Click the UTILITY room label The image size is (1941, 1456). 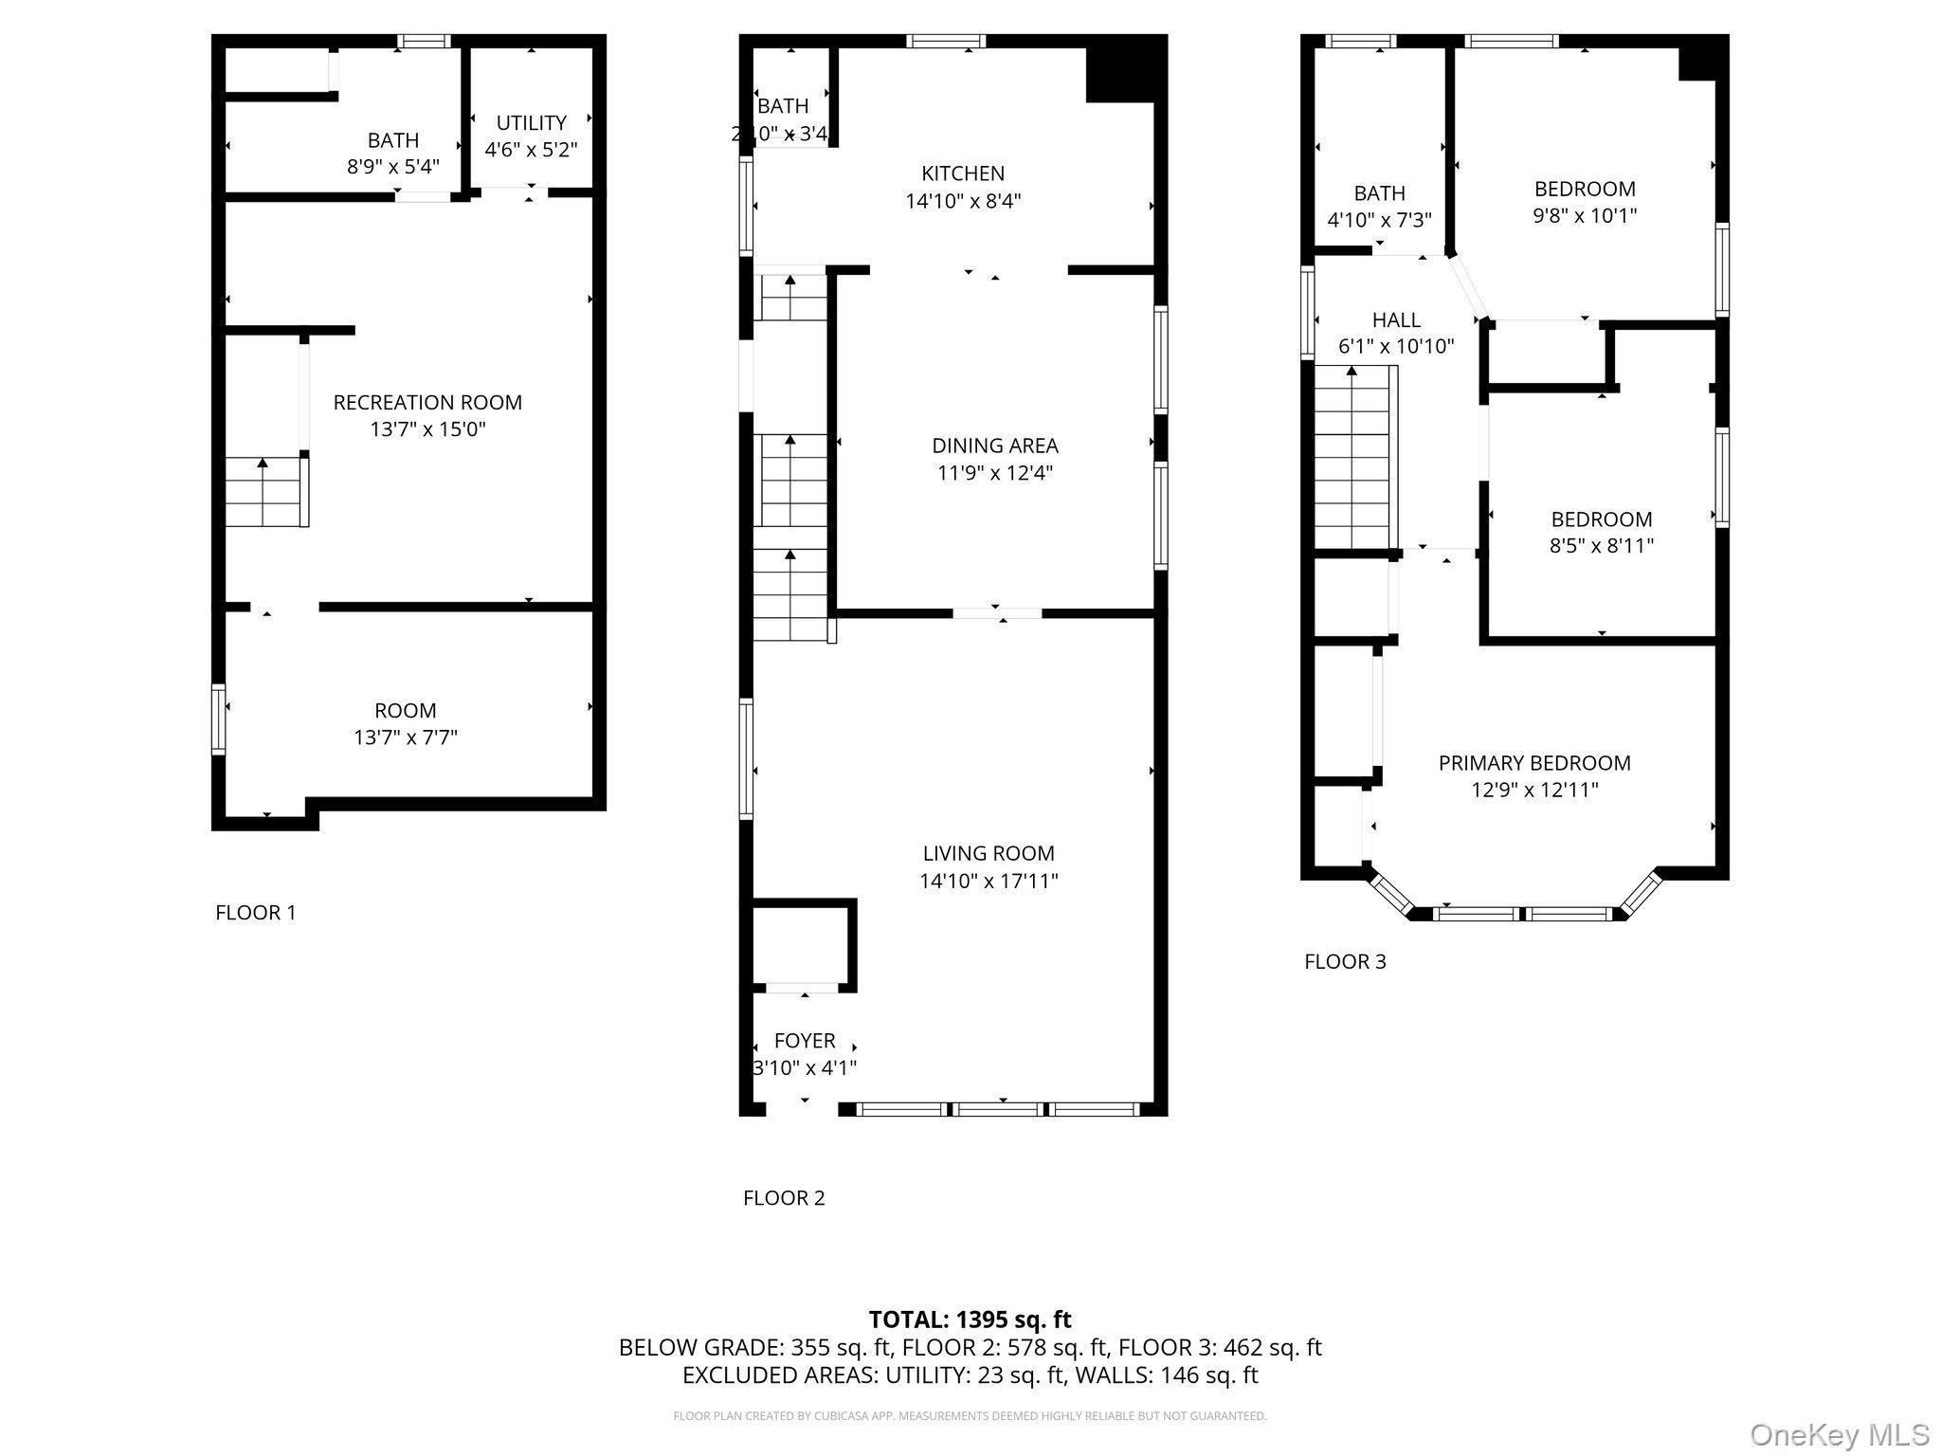[x=531, y=123]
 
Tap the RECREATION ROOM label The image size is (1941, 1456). [x=427, y=403]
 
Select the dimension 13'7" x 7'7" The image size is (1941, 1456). [x=406, y=737]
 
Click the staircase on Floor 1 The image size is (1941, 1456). [x=264, y=493]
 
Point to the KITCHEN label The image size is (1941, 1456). [x=963, y=173]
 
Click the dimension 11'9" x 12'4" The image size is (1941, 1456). [x=995, y=473]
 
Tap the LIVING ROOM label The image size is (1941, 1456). [x=989, y=853]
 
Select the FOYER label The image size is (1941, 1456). [x=805, y=1041]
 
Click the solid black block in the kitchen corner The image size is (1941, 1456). [x=1123, y=68]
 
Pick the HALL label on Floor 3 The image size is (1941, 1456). [x=1396, y=320]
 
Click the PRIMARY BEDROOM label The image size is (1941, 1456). [x=1534, y=763]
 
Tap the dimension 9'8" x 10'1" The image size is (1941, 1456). [x=1585, y=215]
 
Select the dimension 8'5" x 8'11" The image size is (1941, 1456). [x=1602, y=546]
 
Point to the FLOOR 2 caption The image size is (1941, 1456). [x=784, y=1198]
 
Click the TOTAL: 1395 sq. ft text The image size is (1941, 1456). [x=970, y=1319]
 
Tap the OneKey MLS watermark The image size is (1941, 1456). [x=1839, y=1434]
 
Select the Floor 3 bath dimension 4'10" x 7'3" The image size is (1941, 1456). [x=1379, y=220]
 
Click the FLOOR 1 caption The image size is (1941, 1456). [x=256, y=913]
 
